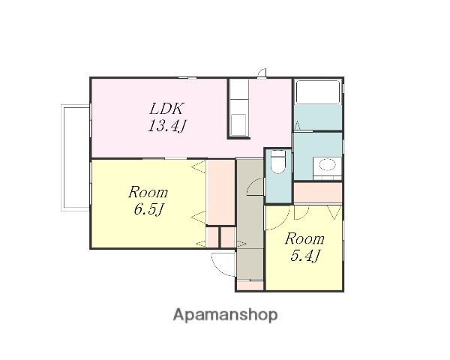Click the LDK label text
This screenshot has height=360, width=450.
166,109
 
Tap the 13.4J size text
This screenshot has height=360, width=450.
167,126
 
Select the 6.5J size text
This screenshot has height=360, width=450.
148,209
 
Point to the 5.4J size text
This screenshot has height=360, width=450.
304,255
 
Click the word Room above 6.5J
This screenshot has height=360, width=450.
148,192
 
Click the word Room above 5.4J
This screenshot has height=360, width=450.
304,238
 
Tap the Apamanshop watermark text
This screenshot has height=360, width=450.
225,315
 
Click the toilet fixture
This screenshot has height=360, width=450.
278,162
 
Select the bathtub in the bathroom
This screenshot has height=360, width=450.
318,91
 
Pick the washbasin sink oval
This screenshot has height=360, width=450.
327,165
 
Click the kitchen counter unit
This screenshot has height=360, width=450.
238,108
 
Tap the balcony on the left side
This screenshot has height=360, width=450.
76,158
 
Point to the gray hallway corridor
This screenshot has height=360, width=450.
250,219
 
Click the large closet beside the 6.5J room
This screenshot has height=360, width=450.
220,192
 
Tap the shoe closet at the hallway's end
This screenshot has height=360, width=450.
250,285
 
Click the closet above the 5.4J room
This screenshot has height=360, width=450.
318,192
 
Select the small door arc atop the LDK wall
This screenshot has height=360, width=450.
262,73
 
